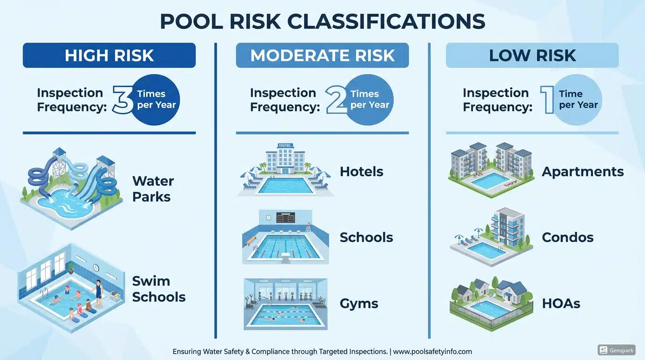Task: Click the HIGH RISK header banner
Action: pyautogui.click(x=109, y=55)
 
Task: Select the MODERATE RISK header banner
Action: pyautogui.click(x=322, y=55)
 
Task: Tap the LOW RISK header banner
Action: pyautogui.click(x=532, y=55)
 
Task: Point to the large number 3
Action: pyautogui.click(x=123, y=99)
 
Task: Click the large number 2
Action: pyautogui.click(x=337, y=99)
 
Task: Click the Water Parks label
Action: pyautogui.click(x=153, y=188)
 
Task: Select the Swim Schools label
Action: pyautogui.click(x=158, y=289)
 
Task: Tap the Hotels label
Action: pyautogui.click(x=361, y=172)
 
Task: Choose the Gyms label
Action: pyautogui.click(x=359, y=303)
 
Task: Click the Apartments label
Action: pyautogui.click(x=583, y=172)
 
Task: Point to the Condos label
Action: pyautogui.click(x=567, y=237)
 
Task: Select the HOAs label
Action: pyautogui.click(x=561, y=303)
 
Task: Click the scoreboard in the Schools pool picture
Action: pyautogui.click(x=286, y=217)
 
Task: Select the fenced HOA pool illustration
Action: pyautogui.click(x=491, y=305)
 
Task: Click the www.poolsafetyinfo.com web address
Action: pyautogui.click(x=432, y=351)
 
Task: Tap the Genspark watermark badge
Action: pyautogui.click(x=616, y=350)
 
